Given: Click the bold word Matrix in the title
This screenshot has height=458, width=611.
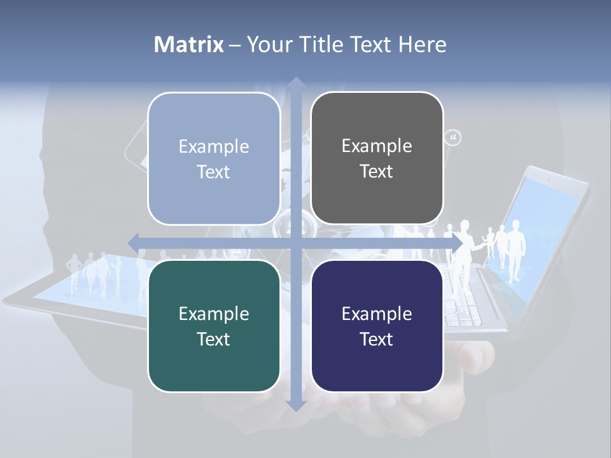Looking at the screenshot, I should point(189,45).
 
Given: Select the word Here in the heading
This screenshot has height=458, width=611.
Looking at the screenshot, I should point(422,45).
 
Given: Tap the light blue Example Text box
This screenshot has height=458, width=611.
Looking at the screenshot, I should point(214,158).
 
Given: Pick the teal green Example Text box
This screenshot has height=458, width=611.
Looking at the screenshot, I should point(214,326).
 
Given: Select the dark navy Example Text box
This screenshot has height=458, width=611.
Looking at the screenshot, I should point(377,326).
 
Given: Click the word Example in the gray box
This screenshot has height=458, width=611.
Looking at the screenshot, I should point(377,146).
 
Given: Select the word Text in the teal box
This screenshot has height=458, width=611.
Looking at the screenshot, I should point(214,339).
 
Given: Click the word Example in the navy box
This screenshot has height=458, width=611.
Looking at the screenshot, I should point(377,314).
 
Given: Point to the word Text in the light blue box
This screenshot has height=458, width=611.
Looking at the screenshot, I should point(214,172).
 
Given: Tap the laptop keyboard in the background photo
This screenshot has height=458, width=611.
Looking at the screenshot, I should point(465,299).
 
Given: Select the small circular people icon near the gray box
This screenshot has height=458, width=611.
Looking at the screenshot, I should point(453,137).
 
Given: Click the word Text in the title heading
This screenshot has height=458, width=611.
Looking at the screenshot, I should point(370,45).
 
